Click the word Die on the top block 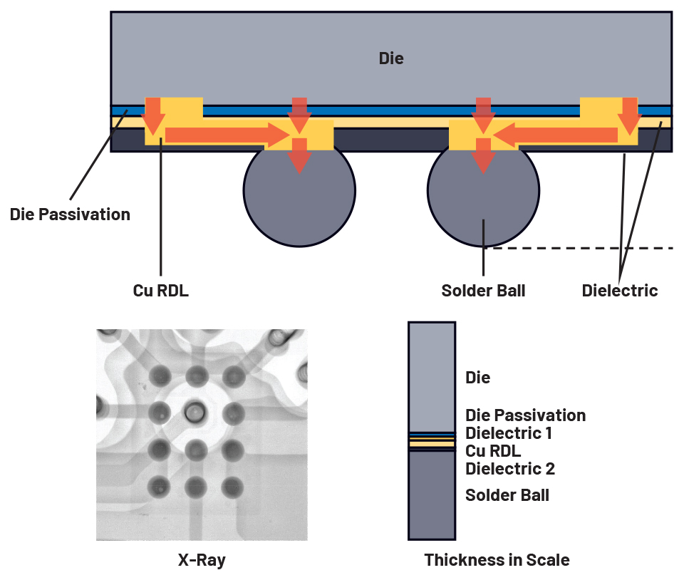[391, 58]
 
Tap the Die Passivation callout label [70, 214]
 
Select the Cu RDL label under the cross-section [161, 291]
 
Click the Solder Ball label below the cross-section [483, 291]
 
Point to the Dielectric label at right [619, 291]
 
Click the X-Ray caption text [202, 560]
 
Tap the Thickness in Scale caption [497, 560]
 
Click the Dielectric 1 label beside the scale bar [509, 433]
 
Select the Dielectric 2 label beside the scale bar [510, 469]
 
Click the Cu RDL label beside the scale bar [493, 451]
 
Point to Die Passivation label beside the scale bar [525, 415]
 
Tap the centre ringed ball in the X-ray [194, 410]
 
